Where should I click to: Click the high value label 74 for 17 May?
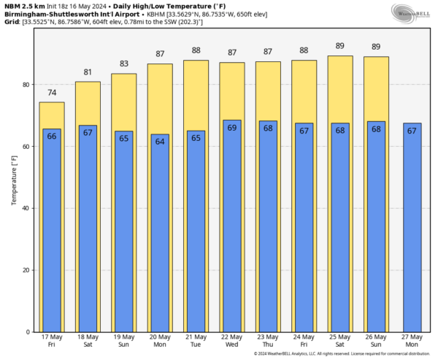pos(51,93)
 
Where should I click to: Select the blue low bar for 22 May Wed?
pos(232,226)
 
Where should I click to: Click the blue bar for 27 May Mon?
pos(412,226)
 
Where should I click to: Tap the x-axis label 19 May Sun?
pos(123,340)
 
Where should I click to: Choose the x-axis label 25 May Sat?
pos(340,340)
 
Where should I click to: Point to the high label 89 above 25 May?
pos(340,47)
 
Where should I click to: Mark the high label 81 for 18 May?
pos(88,72)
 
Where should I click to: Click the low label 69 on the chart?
pos(232,128)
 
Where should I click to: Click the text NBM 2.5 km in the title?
pos(22,6)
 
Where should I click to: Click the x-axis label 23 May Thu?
pos(268,340)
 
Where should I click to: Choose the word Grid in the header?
pos(11,22)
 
